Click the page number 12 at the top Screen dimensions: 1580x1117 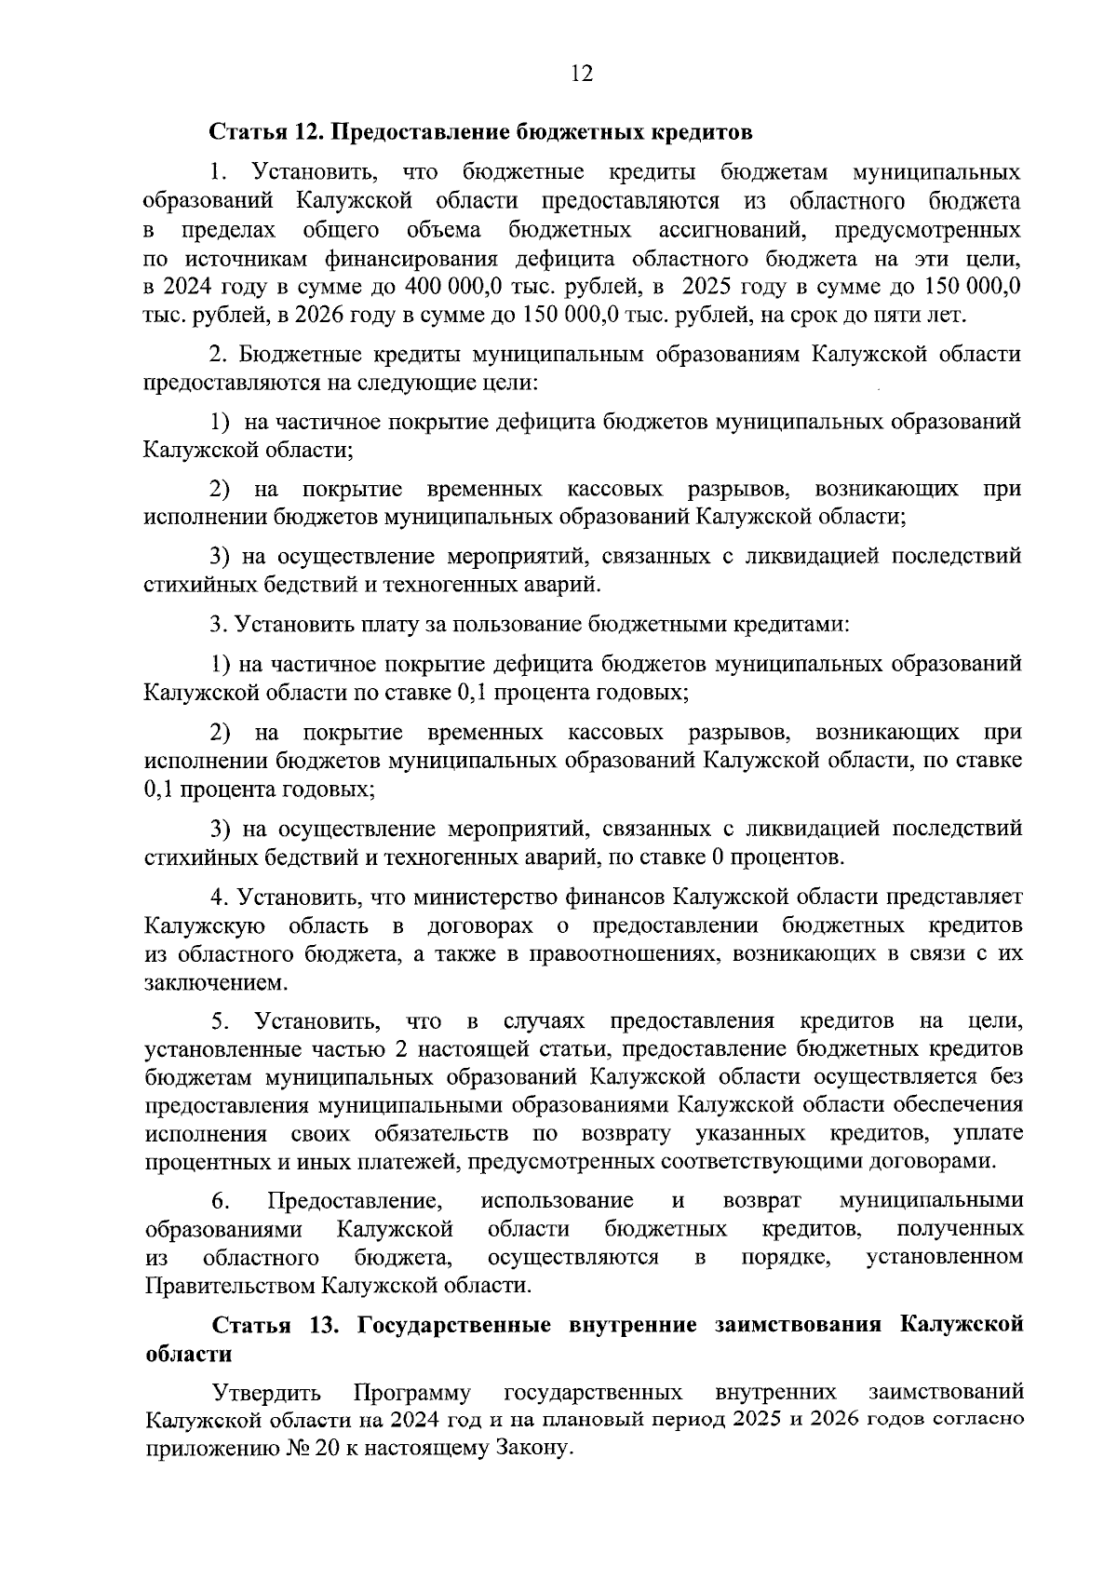[x=582, y=74]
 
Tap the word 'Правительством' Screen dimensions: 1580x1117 [x=231, y=1287]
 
